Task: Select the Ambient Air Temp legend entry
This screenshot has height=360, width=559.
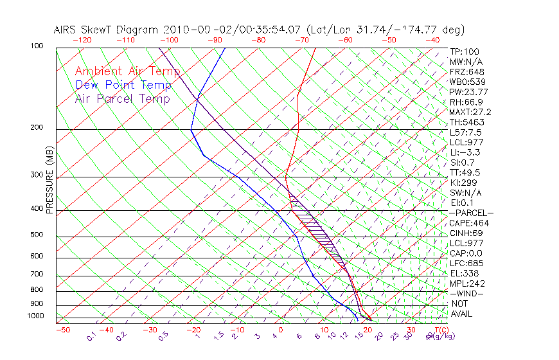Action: coord(127,71)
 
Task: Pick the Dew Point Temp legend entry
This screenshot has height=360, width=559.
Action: coord(123,85)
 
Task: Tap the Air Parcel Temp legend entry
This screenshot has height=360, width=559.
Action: coord(122,98)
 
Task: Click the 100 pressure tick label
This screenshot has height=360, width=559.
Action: coord(37,46)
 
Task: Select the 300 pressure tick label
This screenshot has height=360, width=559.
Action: coord(37,175)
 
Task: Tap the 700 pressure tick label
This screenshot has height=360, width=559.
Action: coord(37,274)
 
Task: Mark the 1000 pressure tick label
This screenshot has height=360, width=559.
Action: coord(35,316)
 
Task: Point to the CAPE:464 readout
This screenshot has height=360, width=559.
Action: coord(469,223)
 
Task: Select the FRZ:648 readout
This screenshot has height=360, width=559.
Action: coord(467,72)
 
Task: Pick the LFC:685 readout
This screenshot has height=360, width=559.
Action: coord(466,264)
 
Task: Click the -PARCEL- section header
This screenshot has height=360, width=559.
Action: coord(471,213)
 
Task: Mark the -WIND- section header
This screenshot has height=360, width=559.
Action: coord(467,293)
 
